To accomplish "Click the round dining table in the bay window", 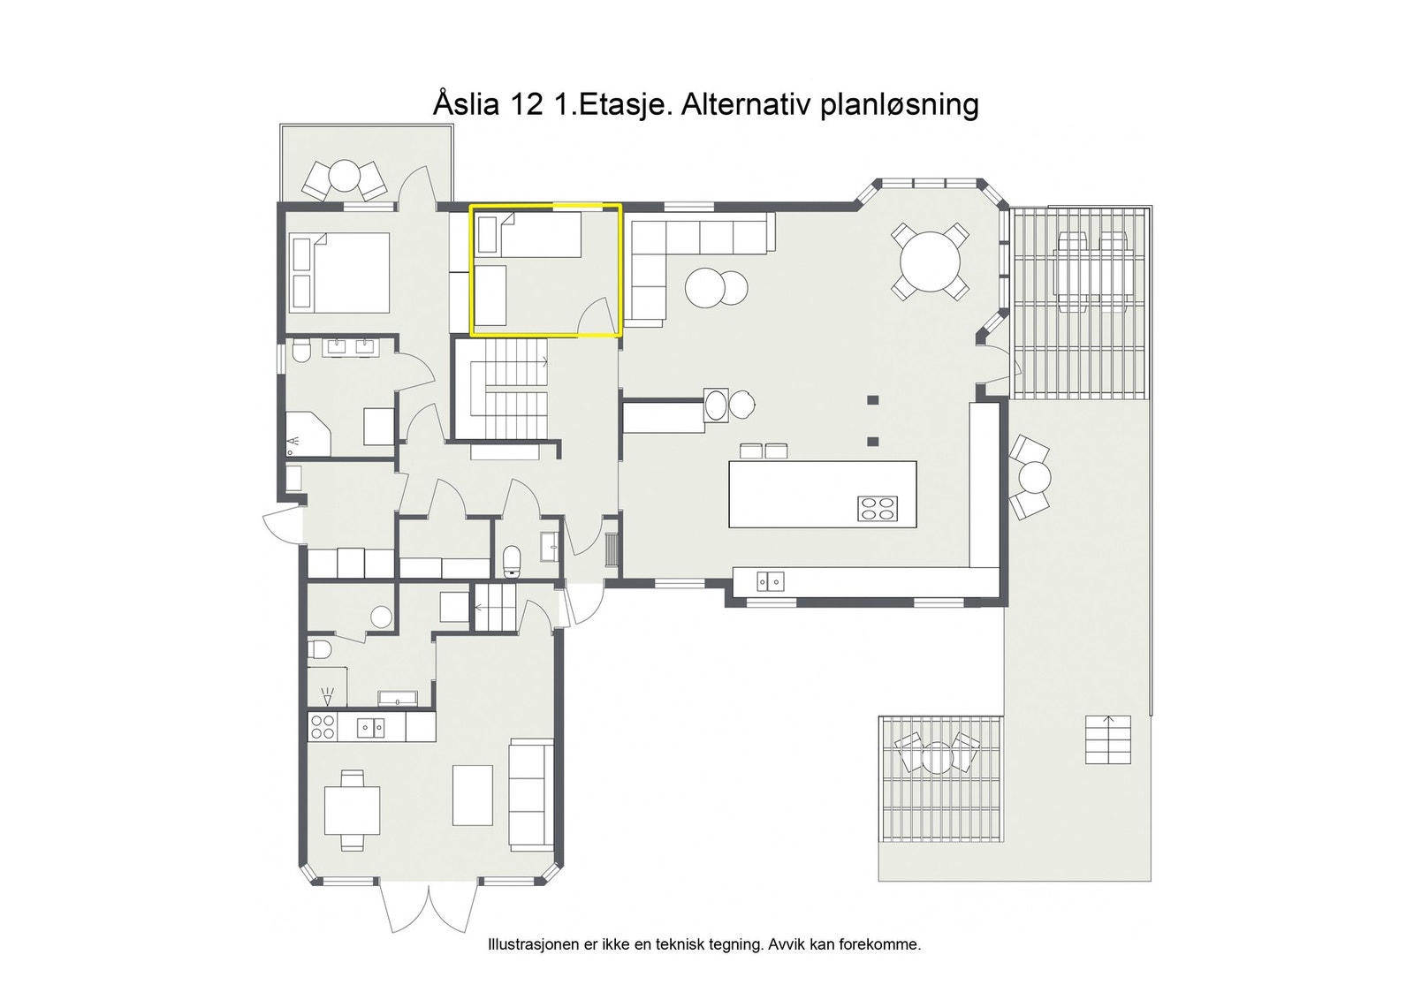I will click(x=930, y=261).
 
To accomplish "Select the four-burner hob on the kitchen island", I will click(x=878, y=509).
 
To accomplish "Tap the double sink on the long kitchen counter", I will click(x=770, y=581).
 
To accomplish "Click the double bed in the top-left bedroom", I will click(x=340, y=272).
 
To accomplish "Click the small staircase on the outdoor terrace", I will click(x=1107, y=739).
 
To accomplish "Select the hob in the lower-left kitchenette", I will click(x=323, y=727).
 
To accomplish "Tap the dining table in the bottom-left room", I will click(x=352, y=810).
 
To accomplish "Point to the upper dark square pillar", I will click(x=873, y=399).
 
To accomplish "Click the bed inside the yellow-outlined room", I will click(x=528, y=234).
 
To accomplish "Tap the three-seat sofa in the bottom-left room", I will click(x=531, y=793).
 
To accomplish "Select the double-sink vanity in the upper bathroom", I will click(x=351, y=347).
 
